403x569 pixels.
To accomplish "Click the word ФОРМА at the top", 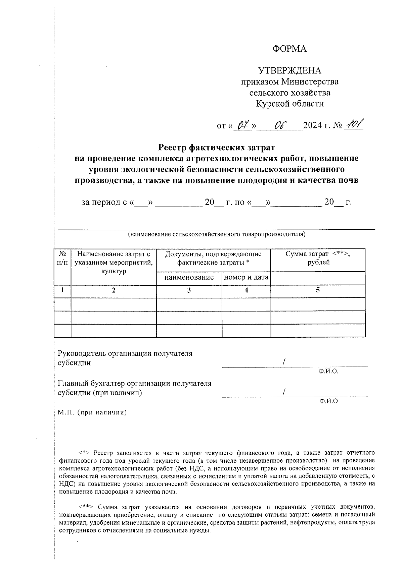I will pos(289,49).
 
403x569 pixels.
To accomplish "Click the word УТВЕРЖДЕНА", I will pos(289,71).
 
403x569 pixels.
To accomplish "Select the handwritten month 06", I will pos(279,126).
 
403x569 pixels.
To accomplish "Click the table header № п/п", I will pos(62,259).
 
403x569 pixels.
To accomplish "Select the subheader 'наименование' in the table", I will pos(189,278).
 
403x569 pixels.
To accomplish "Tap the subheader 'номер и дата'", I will pos(246,278).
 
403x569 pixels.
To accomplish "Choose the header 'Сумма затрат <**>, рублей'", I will pos(318,258).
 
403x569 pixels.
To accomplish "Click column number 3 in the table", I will pos(189,290).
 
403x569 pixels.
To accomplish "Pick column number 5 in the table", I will pos(318,290).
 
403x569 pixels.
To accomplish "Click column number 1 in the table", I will pos(62,290).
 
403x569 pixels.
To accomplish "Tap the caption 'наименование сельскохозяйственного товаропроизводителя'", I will pos(216,234).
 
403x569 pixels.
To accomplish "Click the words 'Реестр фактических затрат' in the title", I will pos(216,147).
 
